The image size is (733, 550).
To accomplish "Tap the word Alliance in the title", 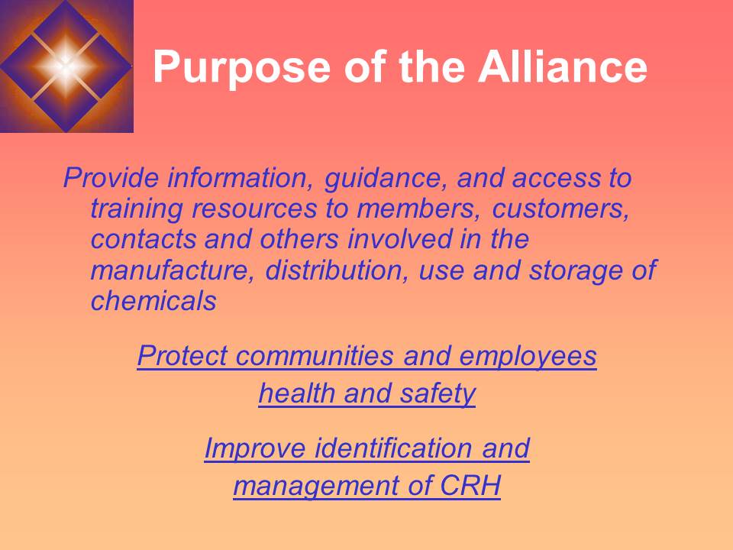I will click(x=562, y=67).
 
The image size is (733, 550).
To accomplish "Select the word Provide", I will click(x=111, y=179).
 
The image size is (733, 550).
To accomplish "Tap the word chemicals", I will click(x=153, y=301).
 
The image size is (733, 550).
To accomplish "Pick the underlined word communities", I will click(x=313, y=356).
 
